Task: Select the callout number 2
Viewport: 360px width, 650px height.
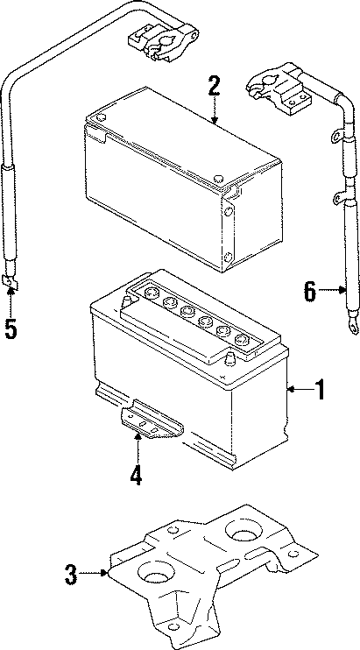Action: [213, 87]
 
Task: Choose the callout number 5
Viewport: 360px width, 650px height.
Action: [11, 329]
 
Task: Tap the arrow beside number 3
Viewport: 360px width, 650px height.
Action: [96, 575]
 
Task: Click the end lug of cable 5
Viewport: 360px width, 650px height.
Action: [11, 281]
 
